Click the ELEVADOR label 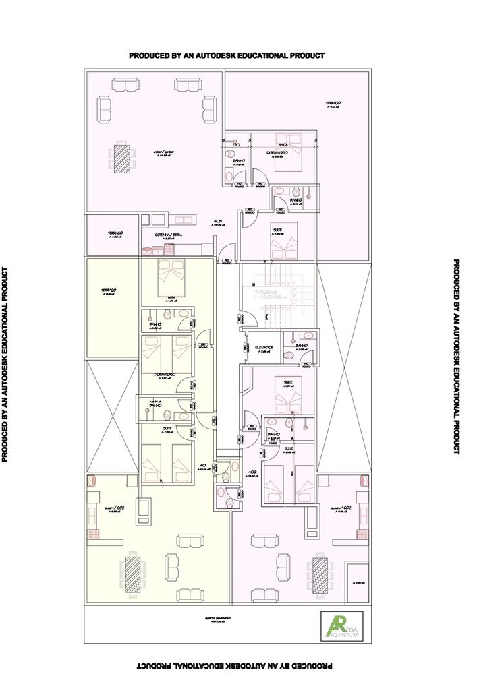pos(264,348)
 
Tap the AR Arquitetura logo pos(341,626)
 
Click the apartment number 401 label pos(202,465)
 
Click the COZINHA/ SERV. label pos(169,235)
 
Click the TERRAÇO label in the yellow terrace pos(109,290)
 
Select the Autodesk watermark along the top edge pos(227,55)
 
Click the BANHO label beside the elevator pos(302,348)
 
